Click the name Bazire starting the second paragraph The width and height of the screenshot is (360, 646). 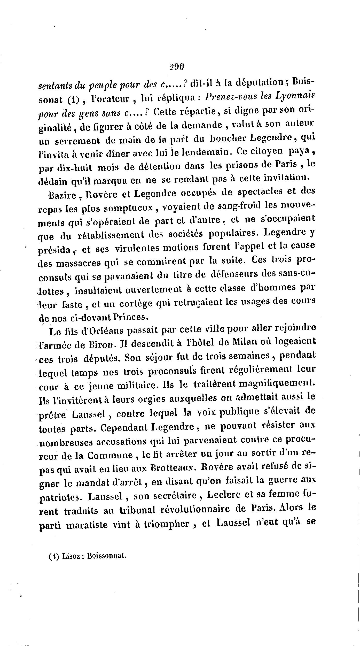[62, 194]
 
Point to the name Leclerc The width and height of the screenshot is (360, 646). [225, 494]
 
